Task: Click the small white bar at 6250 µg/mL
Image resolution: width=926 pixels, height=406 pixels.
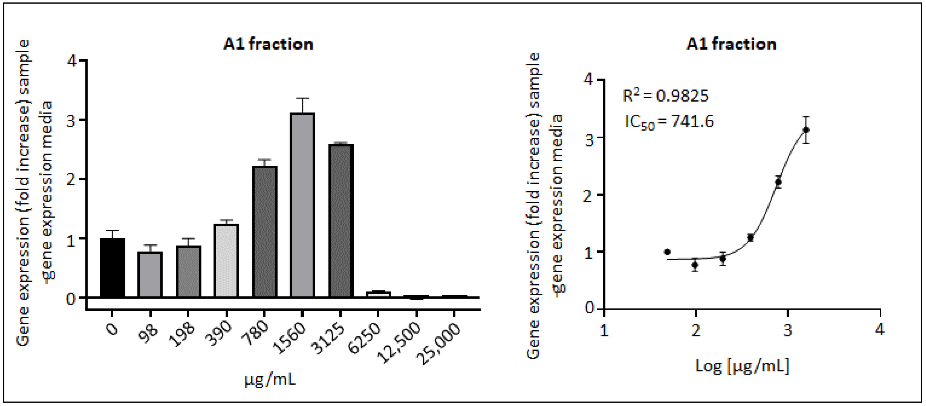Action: tap(378, 294)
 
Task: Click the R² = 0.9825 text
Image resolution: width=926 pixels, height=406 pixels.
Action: tap(665, 96)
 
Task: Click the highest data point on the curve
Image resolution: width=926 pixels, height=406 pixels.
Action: tap(806, 130)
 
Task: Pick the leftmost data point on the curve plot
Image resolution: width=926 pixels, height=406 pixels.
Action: tap(668, 252)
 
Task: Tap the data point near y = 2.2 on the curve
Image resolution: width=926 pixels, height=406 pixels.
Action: tap(778, 182)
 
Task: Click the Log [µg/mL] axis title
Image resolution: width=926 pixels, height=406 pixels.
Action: tap(742, 366)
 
